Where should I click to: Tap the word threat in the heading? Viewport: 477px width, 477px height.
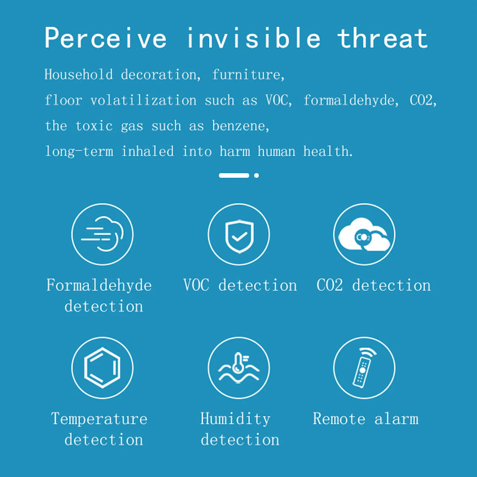382,38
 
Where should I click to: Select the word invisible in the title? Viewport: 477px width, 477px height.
253,38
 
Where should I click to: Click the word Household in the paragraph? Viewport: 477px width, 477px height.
79,75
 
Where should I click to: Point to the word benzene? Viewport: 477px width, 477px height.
240,126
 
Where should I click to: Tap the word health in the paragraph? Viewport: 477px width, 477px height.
327,152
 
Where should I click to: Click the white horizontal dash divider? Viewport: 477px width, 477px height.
234,175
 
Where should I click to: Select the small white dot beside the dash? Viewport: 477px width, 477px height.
256,175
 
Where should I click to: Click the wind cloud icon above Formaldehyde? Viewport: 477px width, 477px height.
102,234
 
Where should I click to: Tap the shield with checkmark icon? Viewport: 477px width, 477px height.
239,234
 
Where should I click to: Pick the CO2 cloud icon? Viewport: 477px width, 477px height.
364,234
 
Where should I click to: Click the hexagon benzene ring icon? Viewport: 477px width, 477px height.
102,368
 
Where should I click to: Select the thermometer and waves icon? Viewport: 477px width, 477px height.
239,368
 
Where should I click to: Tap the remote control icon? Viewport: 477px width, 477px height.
364,368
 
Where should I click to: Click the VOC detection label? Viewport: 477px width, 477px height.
240,286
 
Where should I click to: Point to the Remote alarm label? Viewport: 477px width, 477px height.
366,419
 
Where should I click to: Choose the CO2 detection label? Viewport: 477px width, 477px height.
373,286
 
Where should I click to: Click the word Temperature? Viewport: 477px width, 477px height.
99,419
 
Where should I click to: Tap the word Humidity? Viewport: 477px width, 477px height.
235,419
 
